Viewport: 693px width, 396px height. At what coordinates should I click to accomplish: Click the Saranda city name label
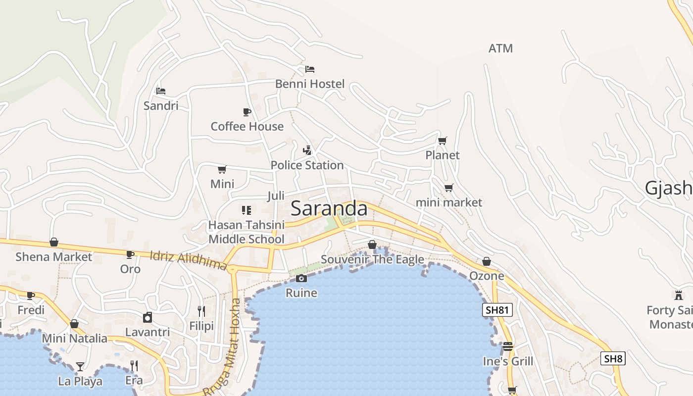click(x=329, y=208)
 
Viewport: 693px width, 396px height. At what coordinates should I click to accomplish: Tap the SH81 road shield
click(x=497, y=310)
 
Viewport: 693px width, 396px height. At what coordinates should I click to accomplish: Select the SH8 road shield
click(x=613, y=358)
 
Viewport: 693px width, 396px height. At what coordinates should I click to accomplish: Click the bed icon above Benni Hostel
click(x=310, y=69)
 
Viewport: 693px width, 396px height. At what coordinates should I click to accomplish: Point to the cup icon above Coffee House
click(x=247, y=112)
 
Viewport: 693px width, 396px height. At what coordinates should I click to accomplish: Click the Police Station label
click(x=307, y=165)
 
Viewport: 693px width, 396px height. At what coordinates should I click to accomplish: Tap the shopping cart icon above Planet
click(x=443, y=141)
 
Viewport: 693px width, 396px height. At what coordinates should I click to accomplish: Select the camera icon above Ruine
click(x=301, y=279)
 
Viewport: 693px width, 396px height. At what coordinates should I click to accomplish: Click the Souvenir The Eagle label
click(x=372, y=259)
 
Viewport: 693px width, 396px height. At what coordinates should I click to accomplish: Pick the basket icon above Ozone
click(x=487, y=261)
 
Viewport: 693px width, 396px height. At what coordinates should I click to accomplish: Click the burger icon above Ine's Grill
click(x=508, y=346)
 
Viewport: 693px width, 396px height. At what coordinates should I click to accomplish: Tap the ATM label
click(x=500, y=49)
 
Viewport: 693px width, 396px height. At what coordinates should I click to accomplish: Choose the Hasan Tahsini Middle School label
click(x=246, y=232)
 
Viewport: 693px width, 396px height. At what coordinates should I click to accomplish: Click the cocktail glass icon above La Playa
click(x=80, y=367)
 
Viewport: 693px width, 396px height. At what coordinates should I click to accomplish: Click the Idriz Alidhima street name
click(x=188, y=260)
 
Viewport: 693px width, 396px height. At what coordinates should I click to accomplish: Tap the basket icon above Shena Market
click(x=54, y=242)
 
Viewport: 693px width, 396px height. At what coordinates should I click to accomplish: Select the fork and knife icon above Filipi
click(x=201, y=311)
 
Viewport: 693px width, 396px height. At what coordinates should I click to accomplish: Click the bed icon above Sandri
click(x=161, y=91)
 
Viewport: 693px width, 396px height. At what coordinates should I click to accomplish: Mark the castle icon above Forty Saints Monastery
click(x=679, y=296)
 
